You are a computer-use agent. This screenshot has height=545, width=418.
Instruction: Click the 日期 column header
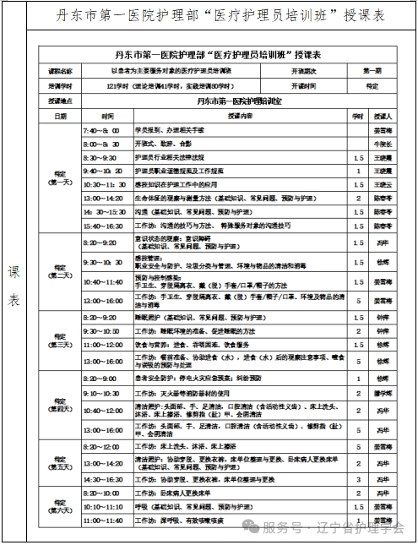(60, 116)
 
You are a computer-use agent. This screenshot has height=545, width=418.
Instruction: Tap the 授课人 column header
(383, 116)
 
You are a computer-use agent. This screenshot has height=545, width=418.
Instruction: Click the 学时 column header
(357, 116)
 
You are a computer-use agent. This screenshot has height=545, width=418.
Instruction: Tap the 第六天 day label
(60, 507)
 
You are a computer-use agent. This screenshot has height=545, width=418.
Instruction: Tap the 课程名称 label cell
(60, 71)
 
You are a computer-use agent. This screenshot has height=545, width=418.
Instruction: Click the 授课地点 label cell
(60, 101)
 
